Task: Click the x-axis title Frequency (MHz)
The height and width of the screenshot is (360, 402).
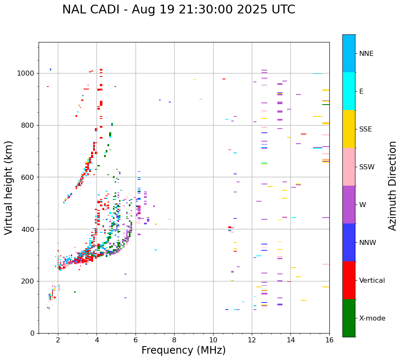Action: tap(183, 350)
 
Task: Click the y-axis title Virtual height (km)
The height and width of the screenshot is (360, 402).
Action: tap(9, 188)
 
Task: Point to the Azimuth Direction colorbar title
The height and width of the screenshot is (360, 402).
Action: tap(392, 186)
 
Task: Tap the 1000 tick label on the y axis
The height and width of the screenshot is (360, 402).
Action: tap(26, 74)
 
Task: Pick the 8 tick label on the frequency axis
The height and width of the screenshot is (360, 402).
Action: tap(174, 340)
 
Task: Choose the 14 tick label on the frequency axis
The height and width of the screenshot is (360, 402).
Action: tap(290, 340)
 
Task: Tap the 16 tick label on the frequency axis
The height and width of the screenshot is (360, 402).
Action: tap(329, 340)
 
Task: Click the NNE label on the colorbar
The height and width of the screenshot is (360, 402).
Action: tap(366, 54)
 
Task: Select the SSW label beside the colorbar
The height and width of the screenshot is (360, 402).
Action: tap(367, 167)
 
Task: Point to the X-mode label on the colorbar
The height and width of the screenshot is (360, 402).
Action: tap(372, 318)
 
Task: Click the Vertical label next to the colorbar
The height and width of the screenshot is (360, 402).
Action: tap(372, 281)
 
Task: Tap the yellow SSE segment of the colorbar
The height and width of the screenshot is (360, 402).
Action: tap(349, 129)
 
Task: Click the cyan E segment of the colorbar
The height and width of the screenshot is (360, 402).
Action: tap(349, 91)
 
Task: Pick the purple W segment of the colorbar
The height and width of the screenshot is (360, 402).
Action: tap(349, 205)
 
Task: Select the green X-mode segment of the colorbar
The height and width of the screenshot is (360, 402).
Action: tap(349, 318)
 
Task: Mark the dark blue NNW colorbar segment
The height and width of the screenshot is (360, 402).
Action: tap(349, 242)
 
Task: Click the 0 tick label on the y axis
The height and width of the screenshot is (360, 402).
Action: tap(32, 333)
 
